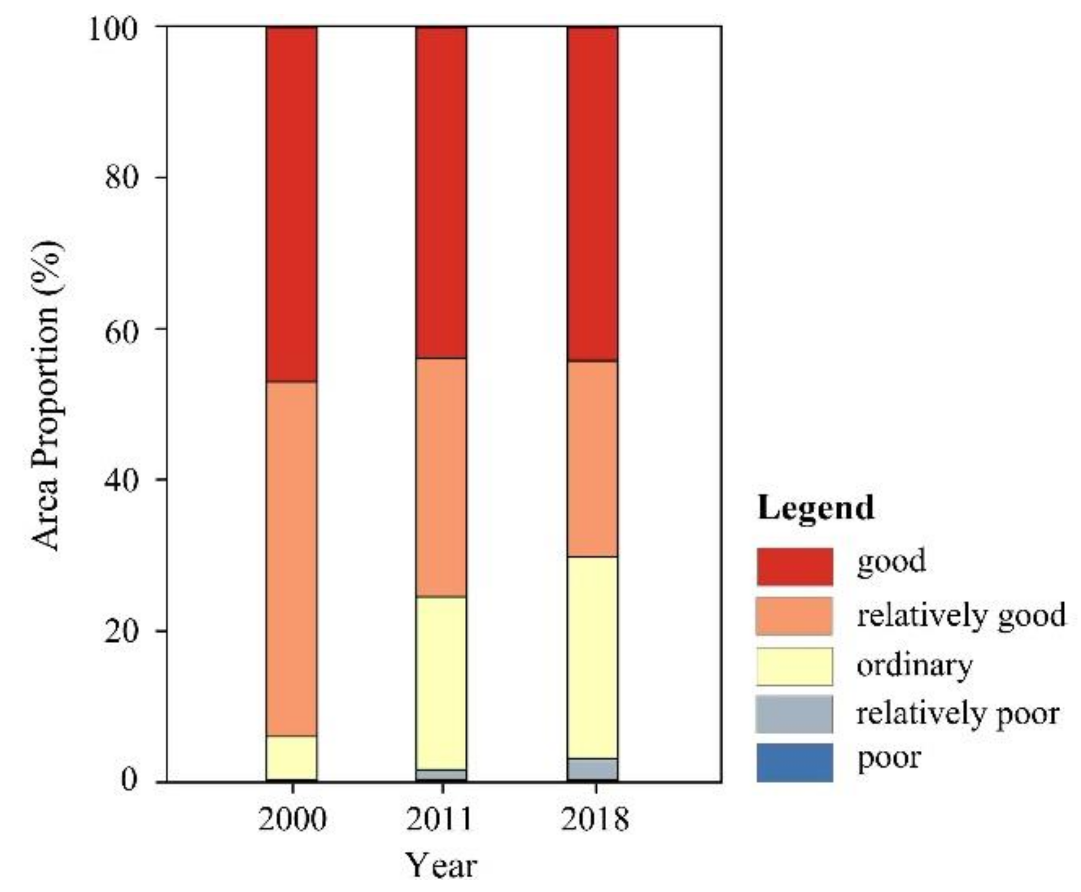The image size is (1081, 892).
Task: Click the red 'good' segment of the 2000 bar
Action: (291, 203)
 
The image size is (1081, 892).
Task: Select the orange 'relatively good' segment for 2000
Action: (291, 557)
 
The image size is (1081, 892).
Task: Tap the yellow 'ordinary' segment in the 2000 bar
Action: (291, 757)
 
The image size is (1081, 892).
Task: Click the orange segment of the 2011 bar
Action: (441, 477)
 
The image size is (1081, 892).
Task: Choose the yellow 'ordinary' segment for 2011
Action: (441, 683)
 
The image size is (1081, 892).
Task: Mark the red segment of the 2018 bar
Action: (592, 193)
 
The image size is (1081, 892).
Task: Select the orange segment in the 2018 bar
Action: (592, 459)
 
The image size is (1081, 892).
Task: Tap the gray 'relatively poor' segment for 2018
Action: (592, 768)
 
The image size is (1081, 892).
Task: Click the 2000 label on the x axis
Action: (292, 819)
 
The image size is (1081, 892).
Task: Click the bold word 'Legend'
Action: (815, 508)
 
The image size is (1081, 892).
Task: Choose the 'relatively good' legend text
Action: (961, 615)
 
